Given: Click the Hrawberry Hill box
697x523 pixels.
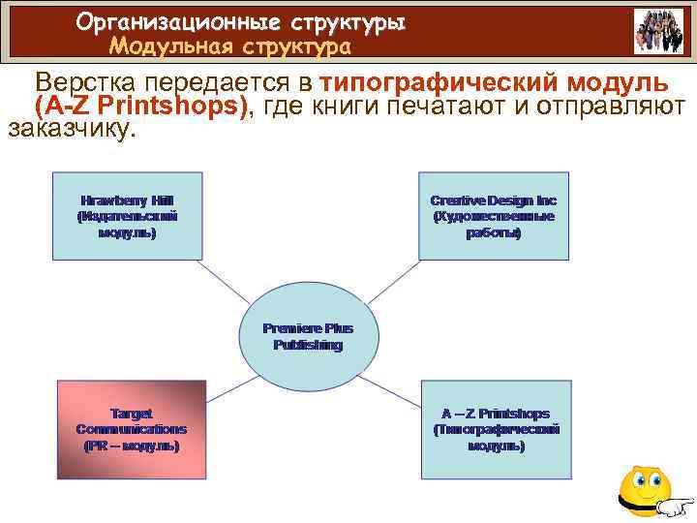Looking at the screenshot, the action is click(127, 216).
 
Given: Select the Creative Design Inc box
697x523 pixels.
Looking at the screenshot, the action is click(493, 216).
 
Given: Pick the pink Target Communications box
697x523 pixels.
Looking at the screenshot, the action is click(131, 429).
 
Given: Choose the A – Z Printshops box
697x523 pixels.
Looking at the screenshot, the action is click(495, 429).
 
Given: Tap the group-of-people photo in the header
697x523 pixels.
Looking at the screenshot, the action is click(657, 31).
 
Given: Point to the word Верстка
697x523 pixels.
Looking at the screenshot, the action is click(78, 81).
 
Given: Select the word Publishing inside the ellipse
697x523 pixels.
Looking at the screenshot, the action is click(307, 346).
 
